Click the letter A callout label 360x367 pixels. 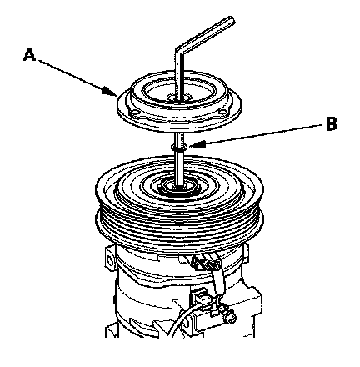[x=29, y=54]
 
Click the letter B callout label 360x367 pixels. [x=332, y=123]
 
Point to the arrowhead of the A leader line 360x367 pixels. [x=110, y=92]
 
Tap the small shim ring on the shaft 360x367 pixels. [x=179, y=147]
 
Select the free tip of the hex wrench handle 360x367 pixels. [x=231, y=21]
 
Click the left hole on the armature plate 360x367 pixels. [x=135, y=113]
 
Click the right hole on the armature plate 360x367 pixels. [x=223, y=112]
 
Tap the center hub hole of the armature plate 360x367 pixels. [x=179, y=98]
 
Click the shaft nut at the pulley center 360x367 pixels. [x=179, y=186]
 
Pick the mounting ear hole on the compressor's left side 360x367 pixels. [x=110, y=260]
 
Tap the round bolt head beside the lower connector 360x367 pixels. [x=230, y=317]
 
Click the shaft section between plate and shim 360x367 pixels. [x=179, y=138]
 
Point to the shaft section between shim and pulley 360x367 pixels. [x=179, y=167]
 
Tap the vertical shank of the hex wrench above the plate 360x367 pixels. [x=178, y=75]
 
